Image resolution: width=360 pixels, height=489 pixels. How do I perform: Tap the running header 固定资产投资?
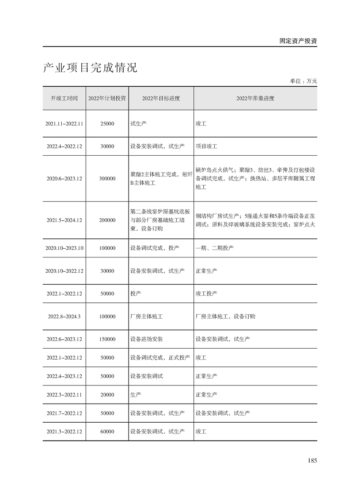point(298,40)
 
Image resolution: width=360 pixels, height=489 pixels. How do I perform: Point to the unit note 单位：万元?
point(303,81)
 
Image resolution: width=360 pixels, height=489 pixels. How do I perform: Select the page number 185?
point(311,460)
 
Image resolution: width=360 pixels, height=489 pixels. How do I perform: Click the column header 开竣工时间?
point(64,98)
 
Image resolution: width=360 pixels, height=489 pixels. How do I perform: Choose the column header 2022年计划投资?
point(107,98)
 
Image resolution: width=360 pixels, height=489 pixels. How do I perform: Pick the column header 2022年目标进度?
point(161,98)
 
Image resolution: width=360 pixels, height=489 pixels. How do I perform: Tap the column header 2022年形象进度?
point(255,98)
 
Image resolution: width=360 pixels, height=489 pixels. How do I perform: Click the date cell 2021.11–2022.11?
point(64,123)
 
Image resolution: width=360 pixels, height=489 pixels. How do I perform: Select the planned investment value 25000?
point(107,123)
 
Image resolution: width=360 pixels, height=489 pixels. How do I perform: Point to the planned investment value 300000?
point(107,178)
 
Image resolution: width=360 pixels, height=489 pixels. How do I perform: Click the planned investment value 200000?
point(107,220)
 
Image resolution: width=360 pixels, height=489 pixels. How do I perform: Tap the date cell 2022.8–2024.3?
point(64,316)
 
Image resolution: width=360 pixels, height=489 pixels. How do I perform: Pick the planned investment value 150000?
point(107,339)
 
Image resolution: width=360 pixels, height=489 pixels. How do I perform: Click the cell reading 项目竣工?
point(207,147)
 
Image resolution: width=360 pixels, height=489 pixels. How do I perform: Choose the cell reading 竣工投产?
point(207,294)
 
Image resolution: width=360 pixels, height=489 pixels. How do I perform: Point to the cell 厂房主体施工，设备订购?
point(225,316)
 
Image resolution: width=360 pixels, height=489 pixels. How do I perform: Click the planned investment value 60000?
point(107,431)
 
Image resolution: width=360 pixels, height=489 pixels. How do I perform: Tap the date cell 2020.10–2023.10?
point(64,248)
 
